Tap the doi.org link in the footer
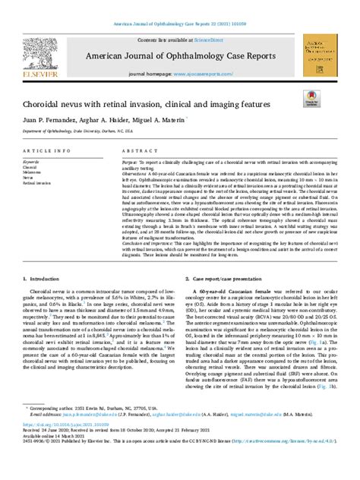[x=73, y=453]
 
